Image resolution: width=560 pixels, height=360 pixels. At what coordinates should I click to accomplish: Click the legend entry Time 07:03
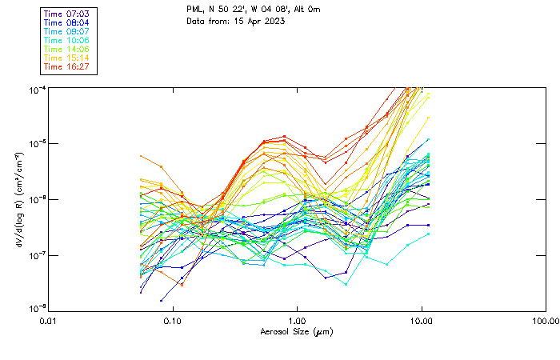[67, 14]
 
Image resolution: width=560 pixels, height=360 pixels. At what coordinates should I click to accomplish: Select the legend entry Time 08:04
[67, 23]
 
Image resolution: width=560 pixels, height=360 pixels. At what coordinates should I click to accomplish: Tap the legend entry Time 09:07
[67, 32]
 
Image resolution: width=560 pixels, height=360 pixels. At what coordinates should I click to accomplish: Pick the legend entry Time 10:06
[67, 41]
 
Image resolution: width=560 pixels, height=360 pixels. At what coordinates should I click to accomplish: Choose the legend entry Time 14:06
[67, 50]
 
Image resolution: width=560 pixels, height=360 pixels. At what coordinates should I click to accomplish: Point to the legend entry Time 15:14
[67, 58]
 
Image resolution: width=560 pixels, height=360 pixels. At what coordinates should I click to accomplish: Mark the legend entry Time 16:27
[67, 67]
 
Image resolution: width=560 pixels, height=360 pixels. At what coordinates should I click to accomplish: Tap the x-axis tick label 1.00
[297, 321]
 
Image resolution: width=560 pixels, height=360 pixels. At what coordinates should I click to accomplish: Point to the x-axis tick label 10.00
[421, 321]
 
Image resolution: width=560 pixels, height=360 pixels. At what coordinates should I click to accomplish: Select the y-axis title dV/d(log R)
[18, 199]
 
